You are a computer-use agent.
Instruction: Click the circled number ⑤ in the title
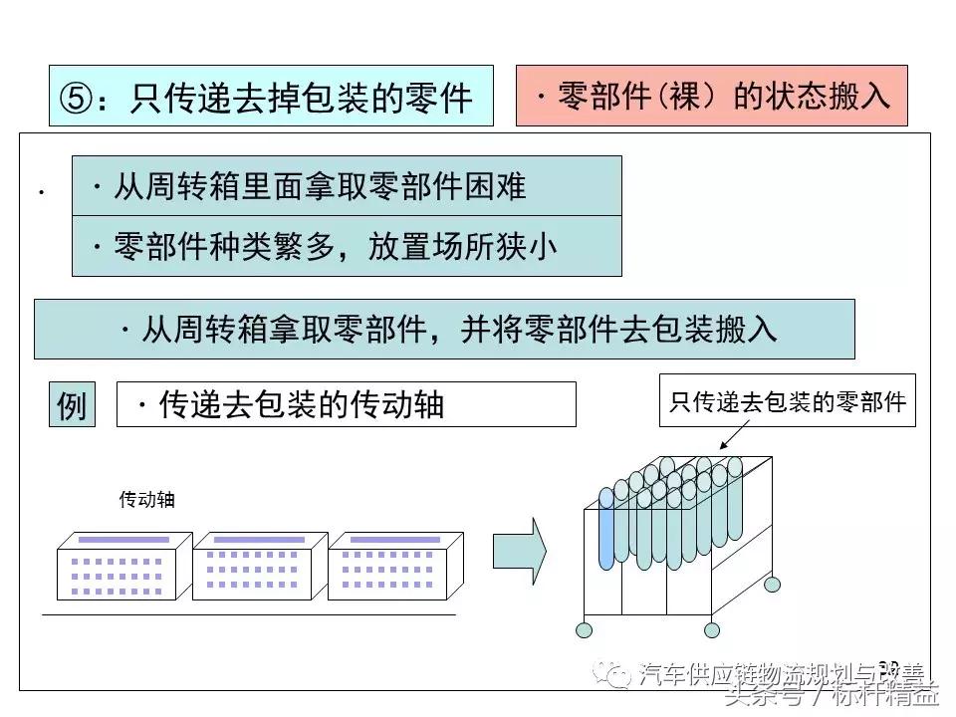tap(76, 98)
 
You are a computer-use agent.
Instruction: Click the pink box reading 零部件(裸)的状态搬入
tap(711, 97)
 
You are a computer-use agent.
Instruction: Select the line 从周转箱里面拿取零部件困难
tap(347, 186)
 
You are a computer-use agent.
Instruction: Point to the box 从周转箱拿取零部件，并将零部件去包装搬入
tap(444, 330)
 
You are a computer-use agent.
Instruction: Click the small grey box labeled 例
tap(72, 405)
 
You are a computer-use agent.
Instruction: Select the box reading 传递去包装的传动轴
tap(346, 404)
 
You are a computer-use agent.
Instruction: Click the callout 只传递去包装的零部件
tap(787, 401)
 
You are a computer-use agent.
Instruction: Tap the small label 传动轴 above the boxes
tap(146, 500)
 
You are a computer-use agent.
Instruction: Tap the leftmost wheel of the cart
tap(585, 629)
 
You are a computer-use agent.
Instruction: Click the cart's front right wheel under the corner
tap(711, 629)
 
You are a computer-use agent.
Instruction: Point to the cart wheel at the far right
tap(774, 584)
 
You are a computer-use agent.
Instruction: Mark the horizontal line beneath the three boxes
tap(249, 615)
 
